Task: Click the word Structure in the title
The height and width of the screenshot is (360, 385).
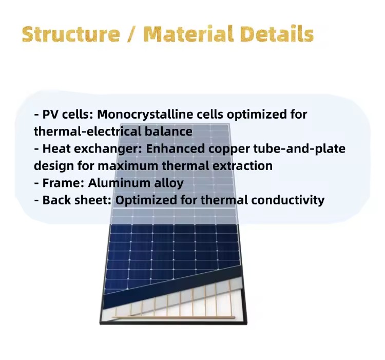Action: [x=71, y=34]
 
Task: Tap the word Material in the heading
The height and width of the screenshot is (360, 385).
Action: [x=188, y=33]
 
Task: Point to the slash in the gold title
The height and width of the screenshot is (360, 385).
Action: [x=132, y=34]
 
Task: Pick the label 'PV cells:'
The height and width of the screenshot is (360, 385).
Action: [x=68, y=114]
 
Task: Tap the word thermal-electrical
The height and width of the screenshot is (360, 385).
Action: [x=87, y=131]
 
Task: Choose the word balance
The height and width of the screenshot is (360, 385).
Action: [x=168, y=131]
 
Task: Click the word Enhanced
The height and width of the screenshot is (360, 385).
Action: [x=176, y=149]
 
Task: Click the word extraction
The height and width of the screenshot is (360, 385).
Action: [x=242, y=166]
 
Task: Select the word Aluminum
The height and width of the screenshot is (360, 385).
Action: [x=119, y=183]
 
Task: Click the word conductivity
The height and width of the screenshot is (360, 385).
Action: [x=288, y=200]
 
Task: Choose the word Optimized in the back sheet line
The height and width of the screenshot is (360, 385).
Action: [x=146, y=201]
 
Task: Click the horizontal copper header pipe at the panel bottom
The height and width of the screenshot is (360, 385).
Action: [x=174, y=317]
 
